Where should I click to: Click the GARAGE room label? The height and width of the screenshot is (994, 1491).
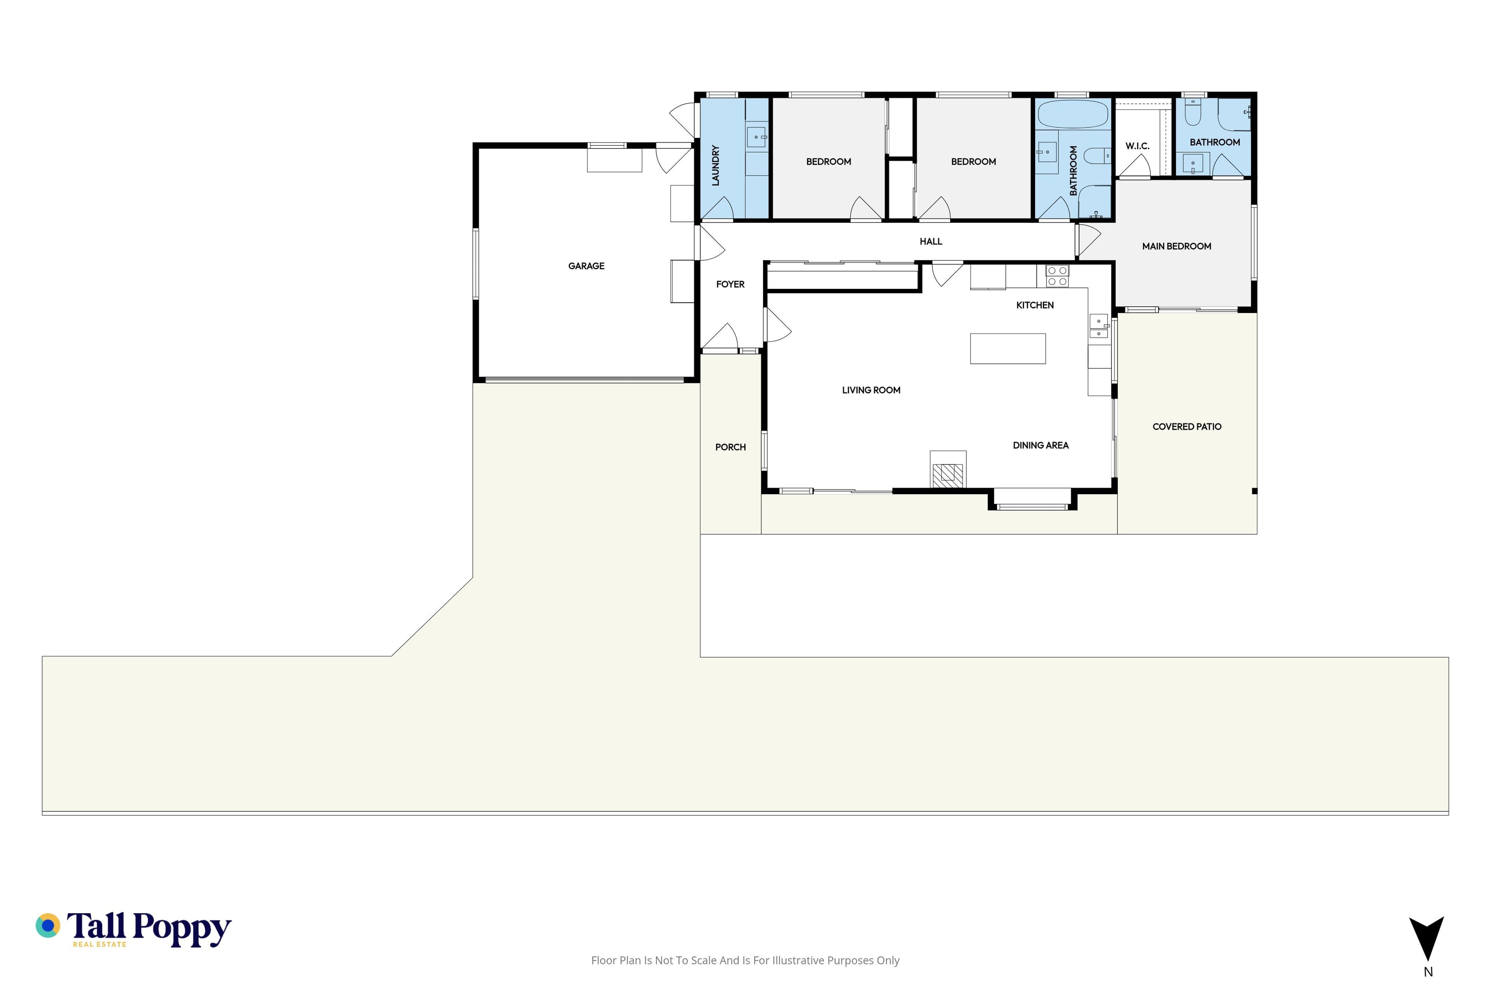coord(586,266)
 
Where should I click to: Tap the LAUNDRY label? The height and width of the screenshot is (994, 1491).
coord(716,165)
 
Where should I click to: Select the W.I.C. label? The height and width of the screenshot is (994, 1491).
coord(1137,146)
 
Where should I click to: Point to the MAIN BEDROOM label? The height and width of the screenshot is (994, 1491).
coord(1176,247)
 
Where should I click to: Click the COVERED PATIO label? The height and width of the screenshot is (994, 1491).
coord(1187,427)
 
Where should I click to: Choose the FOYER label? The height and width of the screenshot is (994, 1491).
coord(730,285)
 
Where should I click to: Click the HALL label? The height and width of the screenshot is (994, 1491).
coord(931,242)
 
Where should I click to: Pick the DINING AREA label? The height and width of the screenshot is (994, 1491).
coord(1040,446)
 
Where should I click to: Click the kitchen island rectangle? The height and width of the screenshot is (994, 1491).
coord(1007,349)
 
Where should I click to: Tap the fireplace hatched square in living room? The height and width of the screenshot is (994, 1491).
coord(948,475)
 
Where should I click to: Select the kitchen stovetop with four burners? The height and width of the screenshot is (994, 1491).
coord(1057,276)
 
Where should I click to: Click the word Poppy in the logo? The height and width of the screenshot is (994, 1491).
coord(182,929)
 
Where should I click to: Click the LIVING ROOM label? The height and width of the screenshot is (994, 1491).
coord(871,391)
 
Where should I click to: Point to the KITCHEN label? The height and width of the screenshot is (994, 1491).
coord(1034,306)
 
